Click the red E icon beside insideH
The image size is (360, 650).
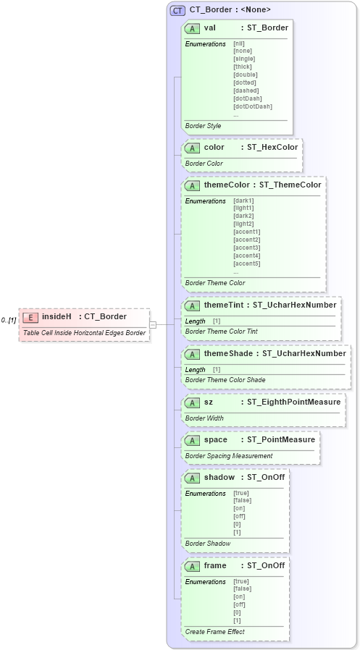point(30,317)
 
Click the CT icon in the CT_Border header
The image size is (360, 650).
point(177,10)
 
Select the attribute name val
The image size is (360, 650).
point(209,28)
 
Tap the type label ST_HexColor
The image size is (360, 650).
point(272,148)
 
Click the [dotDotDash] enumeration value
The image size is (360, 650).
point(252,106)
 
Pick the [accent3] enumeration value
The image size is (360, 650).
point(246,248)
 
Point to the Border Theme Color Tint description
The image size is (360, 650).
point(221,332)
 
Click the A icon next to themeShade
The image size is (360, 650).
point(192,354)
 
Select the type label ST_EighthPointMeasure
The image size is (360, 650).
point(293,402)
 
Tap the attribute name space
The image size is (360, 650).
point(215,440)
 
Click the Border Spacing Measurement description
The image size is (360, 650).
point(229,456)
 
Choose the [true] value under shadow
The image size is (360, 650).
point(240,493)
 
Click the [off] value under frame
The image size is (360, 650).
point(238,604)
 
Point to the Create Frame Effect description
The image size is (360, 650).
point(214,632)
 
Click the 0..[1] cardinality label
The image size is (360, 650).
point(9,320)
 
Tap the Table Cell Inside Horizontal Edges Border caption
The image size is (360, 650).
point(84,333)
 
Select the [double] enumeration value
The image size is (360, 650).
point(245,75)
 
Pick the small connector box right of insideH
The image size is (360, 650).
point(153,324)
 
